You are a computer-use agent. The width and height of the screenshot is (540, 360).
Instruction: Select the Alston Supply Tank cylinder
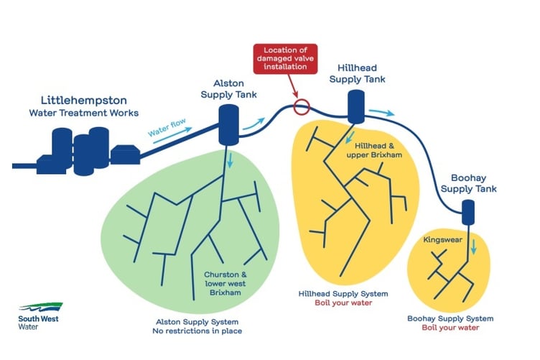[x=228, y=123]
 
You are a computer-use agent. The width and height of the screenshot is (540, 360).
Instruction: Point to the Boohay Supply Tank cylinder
[x=468, y=212]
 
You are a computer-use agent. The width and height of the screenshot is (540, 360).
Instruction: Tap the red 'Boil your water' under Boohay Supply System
[x=450, y=328]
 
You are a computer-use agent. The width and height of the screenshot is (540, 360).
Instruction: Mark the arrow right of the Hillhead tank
[x=387, y=113]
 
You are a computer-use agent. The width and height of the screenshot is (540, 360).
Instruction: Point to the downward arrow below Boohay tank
[x=473, y=248]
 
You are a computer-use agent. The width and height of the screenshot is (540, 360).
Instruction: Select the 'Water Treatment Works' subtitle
[x=84, y=114]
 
